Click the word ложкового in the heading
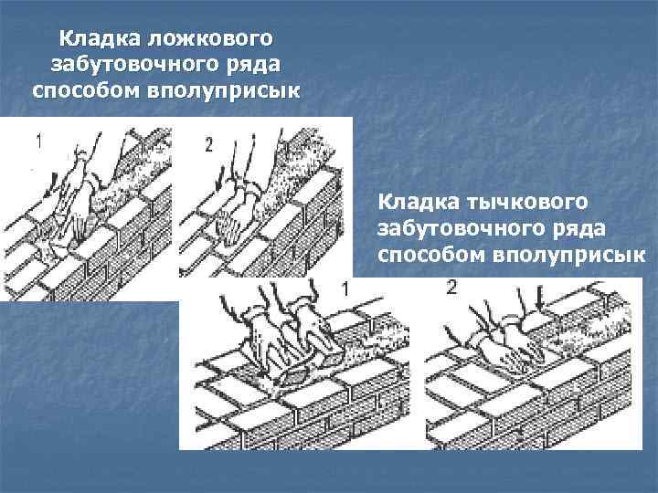(211, 38)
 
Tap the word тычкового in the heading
(527, 202)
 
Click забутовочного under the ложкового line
(135, 65)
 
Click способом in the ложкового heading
(86, 91)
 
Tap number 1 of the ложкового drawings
(39, 142)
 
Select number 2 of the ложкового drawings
(209, 145)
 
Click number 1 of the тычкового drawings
(345, 289)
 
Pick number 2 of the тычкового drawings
(451, 288)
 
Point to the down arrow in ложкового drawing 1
(51, 184)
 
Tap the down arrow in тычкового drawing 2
(541, 299)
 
